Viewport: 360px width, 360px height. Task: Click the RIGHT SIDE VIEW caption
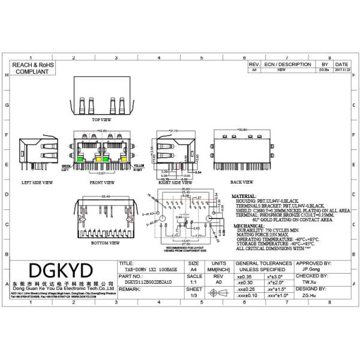pyautogui.click(x=175, y=181)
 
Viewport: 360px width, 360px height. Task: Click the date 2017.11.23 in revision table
pyautogui.click(x=341, y=70)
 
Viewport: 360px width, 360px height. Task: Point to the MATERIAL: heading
pyautogui.click(x=244, y=196)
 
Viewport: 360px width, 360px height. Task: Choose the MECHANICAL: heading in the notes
pyautogui.click(x=246, y=226)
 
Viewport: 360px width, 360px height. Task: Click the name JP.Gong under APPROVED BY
pyautogui.click(x=311, y=269)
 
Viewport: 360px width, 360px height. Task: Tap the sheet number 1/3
pyautogui.click(x=194, y=296)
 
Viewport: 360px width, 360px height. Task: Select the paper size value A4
pyautogui.click(x=194, y=269)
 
